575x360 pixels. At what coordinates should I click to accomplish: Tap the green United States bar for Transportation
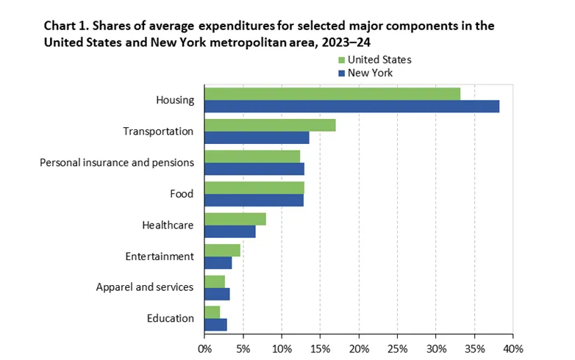[x=270, y=125]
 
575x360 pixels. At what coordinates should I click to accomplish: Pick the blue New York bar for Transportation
[x=257, y=137]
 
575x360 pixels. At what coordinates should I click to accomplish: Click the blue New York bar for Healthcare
[x=230, y=231]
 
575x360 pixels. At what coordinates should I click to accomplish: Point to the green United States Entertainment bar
[x=222, y=250]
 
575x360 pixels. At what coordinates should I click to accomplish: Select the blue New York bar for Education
[x=215, y=325]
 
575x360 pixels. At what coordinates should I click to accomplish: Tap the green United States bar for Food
[x=254, y=187]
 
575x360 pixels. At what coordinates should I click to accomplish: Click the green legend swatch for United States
[x=340, y=60]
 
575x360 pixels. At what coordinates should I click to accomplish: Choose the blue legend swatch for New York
[x=340, y=72]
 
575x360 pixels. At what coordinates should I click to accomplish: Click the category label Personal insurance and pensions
[x=116, y=162]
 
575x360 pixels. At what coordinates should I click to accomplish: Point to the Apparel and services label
[x=145, y=287]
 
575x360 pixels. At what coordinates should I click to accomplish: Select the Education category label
[x=170, y=318]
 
